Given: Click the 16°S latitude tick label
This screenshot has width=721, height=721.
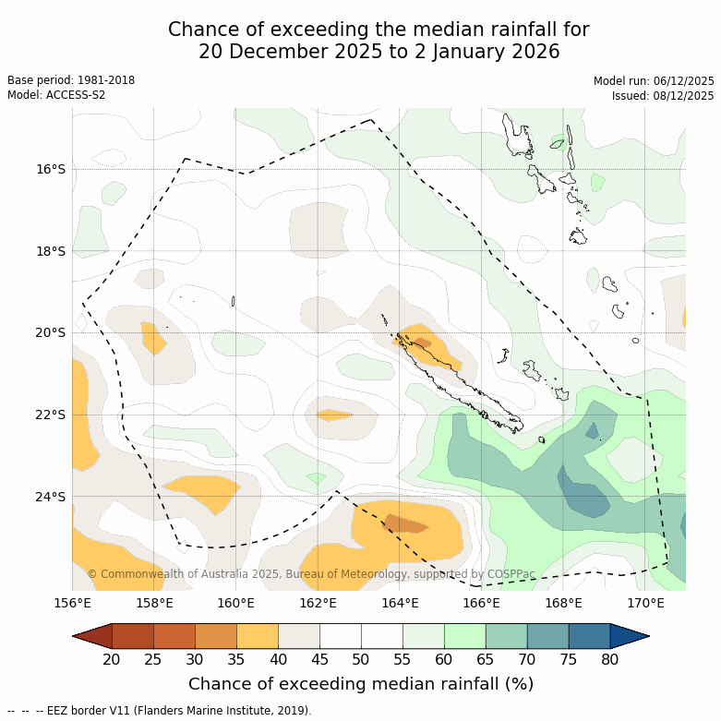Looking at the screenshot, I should tap(51, 169).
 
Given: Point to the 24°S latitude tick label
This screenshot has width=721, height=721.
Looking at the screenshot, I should tap(51, 497).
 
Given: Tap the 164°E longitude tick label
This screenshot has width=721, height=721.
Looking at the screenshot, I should tap(400, 604).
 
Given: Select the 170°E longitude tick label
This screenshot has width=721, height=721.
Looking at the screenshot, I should tap(645, 604).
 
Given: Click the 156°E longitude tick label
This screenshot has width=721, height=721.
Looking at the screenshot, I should tap(72, 604).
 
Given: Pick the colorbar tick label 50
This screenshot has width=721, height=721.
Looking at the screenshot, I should tap(361, 659).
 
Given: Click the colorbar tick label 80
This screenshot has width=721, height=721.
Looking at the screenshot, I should tap(610, 659).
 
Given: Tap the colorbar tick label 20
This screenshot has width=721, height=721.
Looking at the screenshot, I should tap(112, 659).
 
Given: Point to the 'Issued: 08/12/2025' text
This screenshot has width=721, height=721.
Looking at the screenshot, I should tap(662, 95).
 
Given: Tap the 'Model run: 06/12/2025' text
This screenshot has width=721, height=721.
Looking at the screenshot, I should tap(654, 80).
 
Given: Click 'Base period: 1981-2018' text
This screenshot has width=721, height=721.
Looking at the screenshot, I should tap(71, 80).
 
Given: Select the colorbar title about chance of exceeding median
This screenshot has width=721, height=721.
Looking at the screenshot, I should tap(361, 684).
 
